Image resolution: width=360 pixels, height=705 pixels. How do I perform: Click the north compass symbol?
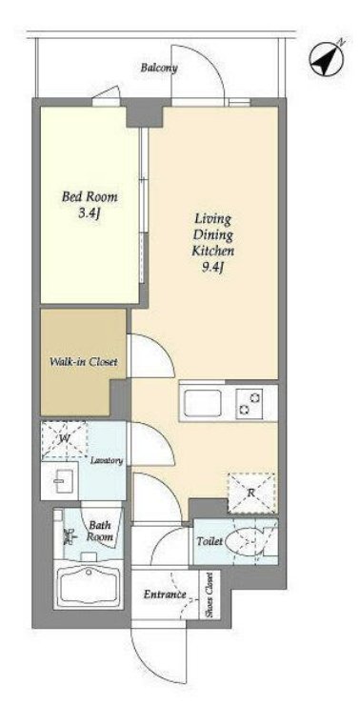tap(327, 58)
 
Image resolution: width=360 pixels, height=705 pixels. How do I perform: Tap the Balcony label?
tap(159, 68)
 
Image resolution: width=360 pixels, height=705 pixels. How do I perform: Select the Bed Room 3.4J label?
tap(90, 204)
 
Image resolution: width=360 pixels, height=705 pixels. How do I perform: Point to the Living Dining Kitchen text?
tap(213, 234)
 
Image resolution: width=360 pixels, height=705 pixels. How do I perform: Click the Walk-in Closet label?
tap(84, 361)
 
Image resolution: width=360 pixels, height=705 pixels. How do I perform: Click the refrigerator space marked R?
tap(251, 493)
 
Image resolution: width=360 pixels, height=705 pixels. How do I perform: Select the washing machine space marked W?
tap(64, 439)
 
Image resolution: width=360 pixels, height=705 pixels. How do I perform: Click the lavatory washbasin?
tap(60, 480)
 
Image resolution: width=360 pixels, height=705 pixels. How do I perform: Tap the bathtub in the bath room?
tap(89, 584)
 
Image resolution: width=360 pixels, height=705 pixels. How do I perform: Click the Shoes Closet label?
tap(210, 594)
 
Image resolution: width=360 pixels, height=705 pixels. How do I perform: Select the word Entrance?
tap(165, 594)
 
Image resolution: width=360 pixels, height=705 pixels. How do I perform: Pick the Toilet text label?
tap(210, 542)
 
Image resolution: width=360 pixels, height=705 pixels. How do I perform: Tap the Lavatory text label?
tap(107, 461)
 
